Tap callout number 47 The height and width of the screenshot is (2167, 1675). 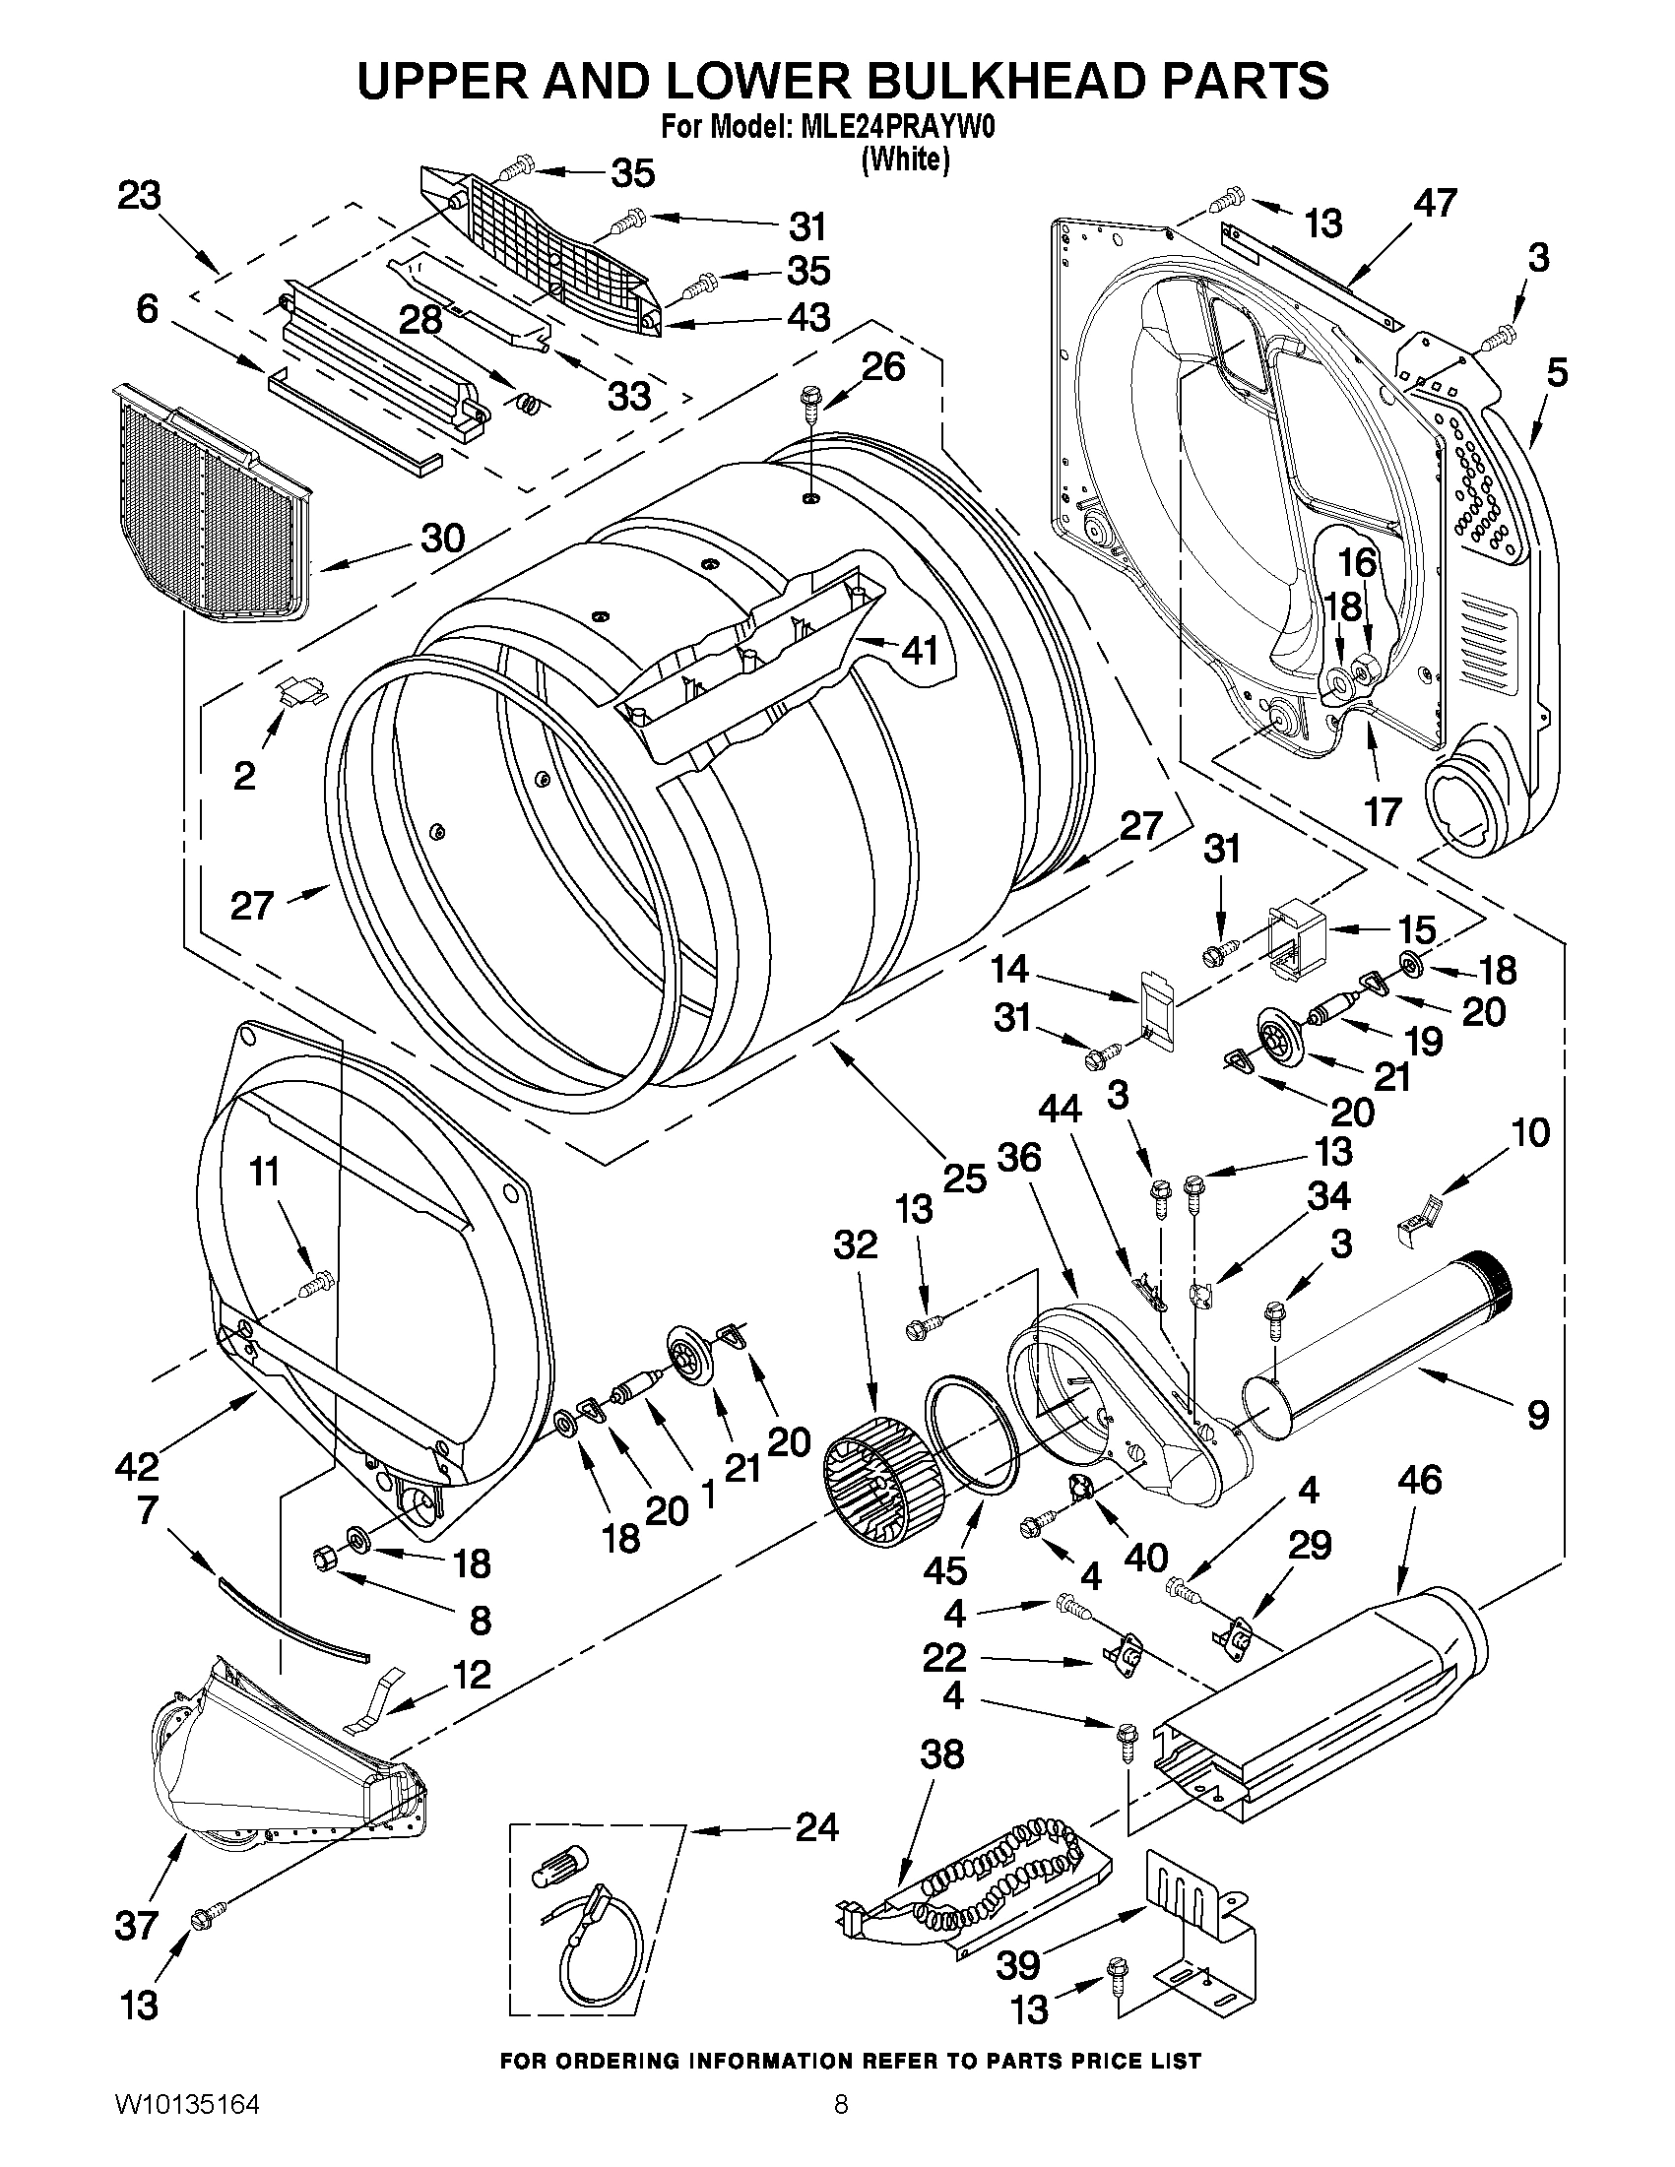(x=1435, y=203)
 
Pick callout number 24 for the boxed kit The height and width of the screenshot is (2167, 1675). (x=816, y=1826)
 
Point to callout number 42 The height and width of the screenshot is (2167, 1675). (x=137, y=1465)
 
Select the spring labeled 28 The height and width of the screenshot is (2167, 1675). (x=532, y=401)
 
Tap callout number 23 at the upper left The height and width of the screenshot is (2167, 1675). (x=139, y=196)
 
